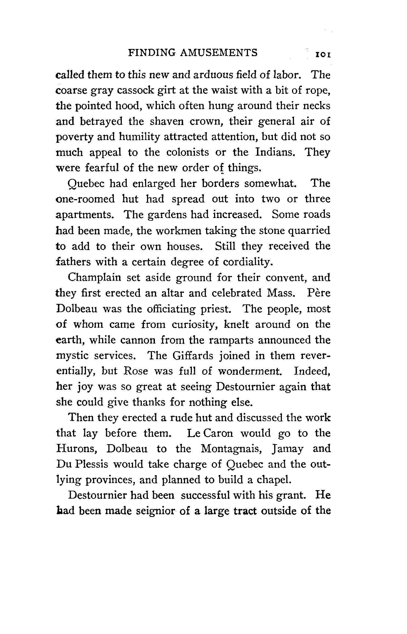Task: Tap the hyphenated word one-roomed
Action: [x=85, y=199]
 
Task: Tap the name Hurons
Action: [x=76, y=449]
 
